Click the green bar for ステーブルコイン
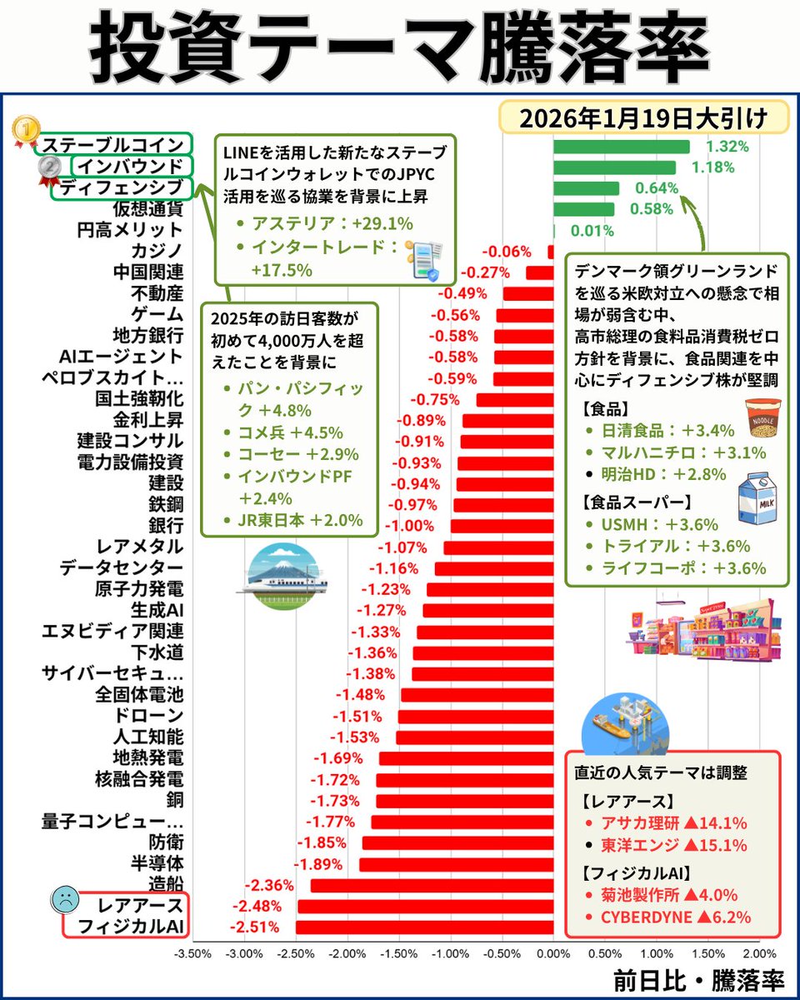point(621,147)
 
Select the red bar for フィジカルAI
point(424,927)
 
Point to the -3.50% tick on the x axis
point(192,952)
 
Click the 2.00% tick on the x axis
point(758,952)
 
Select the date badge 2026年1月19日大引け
point(642,117)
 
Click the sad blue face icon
point(64,899)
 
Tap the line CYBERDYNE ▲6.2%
point(676,917)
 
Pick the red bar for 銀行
point(501,526)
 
